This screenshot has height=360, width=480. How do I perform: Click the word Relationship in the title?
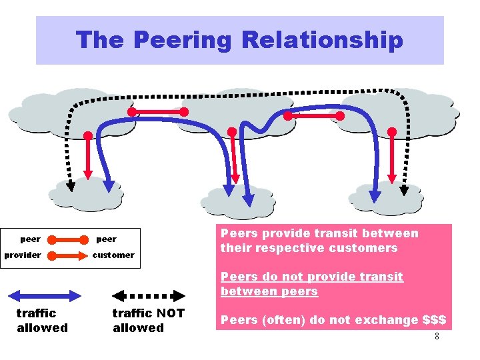tap(322, 40)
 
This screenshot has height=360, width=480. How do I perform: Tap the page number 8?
tap(437, 336)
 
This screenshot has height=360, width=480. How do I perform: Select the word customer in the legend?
tap(113, 255)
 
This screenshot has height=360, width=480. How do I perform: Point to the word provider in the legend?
tap(23, 255)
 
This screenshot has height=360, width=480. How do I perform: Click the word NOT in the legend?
tap(170, 313)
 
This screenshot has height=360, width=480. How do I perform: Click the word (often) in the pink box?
tap(279, 320)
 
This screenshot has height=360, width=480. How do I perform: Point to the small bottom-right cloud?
tap(387, 197)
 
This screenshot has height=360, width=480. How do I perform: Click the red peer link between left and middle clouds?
tap(158, 112)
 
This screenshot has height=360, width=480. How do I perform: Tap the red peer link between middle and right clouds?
tap(313, 116)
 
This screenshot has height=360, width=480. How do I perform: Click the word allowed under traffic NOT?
tap(138, 328)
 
